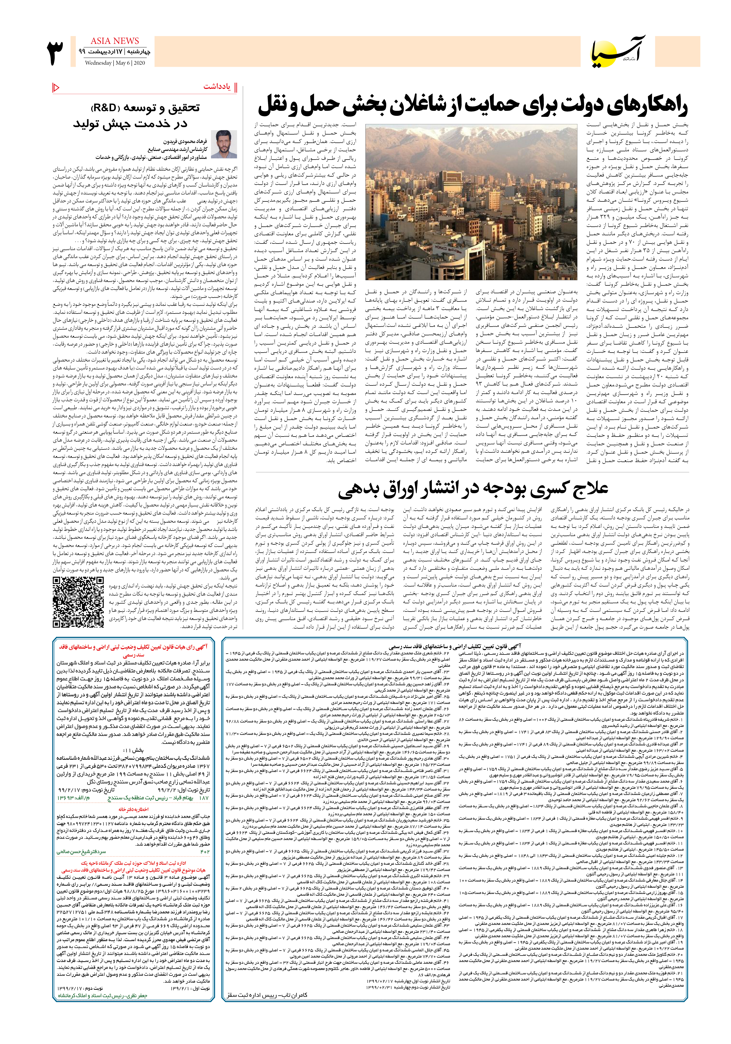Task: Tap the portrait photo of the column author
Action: pos(227,144)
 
